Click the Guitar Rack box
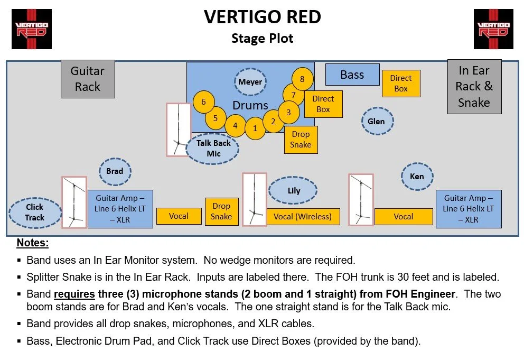88,79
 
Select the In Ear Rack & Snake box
474,87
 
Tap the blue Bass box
352,75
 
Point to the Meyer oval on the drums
250,82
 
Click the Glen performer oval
376,122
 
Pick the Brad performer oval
115,171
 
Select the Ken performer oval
417,177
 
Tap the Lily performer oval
294,191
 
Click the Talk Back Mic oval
213,149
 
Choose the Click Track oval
35,213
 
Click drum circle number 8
302,79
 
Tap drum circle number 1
255,128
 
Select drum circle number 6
204,102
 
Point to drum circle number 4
235,126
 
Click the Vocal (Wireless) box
303,216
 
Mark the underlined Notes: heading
33,243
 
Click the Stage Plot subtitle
262,38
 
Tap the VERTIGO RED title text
262,17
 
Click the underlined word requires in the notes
74,294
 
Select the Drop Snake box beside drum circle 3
301,140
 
